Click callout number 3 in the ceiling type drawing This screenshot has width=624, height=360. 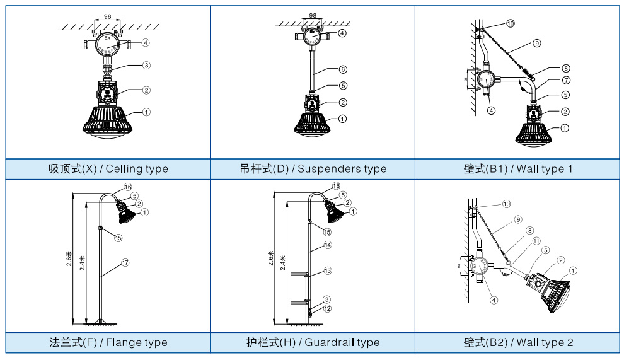click(146, 65)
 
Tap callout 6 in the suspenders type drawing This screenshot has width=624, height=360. click(343, 69)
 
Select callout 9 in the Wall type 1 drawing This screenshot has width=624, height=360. click(536, 44)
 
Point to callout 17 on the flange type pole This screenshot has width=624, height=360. click(125, 263)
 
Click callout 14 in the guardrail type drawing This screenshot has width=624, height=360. click(327, 245)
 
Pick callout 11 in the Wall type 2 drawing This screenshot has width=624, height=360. click(536, 241)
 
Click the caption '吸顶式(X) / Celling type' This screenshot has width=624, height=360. click(108, 168)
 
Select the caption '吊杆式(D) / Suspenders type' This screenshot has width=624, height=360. click(313, 168)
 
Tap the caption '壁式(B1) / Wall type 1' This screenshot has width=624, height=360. click(518, 168)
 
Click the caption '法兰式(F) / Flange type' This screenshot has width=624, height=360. click(108, 342)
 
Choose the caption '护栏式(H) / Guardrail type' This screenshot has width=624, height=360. click(313, 342)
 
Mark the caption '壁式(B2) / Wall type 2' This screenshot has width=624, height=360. click(518, 342)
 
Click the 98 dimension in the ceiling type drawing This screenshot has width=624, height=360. click(108, 16)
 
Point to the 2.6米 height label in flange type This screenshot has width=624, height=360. click(69, 258)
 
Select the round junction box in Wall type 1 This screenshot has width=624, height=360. click(487, 79)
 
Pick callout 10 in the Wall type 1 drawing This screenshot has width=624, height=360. click(510, 23)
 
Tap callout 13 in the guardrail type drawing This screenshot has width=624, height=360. click(327, 270)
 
